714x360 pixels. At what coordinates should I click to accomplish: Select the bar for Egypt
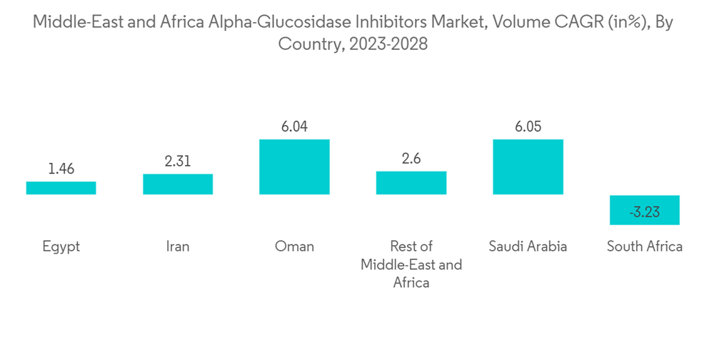point(61,188)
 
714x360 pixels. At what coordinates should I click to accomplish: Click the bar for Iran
point(178,184)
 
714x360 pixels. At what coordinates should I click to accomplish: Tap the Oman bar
point(294,166)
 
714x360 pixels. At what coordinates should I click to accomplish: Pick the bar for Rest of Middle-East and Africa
point(411,183)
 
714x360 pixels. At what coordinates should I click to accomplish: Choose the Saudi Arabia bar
point(528,166)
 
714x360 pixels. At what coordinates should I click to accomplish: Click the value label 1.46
point(61,169)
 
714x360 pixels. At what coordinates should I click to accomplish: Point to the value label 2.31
point(178,161)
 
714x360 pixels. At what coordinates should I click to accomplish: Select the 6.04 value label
point(294,127)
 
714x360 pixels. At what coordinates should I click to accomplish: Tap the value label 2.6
point(411,159)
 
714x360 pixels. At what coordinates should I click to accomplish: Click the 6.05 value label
point(528,127)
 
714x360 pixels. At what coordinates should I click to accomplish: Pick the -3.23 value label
point(645,212)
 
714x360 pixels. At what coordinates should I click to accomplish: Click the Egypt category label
point(61,246)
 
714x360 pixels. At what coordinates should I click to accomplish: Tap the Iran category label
point(178,246)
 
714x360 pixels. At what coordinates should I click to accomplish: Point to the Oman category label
point(294,246)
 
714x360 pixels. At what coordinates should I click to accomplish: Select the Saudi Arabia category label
point(528,246)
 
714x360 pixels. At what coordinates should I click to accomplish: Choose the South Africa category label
point(645,246)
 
